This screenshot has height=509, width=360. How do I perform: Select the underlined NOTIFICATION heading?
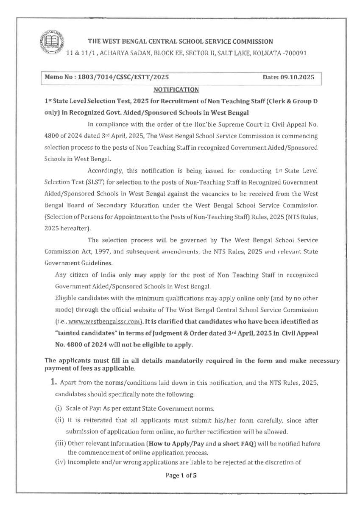[176, 89]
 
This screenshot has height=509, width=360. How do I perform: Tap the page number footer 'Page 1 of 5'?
[181, 475]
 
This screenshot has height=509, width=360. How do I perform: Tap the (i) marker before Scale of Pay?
[59, 408]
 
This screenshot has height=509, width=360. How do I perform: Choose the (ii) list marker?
[59, 420]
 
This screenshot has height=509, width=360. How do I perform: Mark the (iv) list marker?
[60, 462]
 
